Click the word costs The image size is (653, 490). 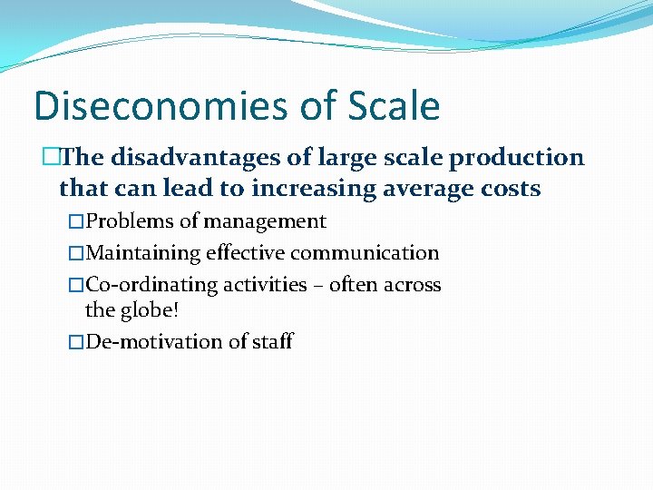point(512,189)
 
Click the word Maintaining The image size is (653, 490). point(142,253)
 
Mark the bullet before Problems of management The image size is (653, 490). point(76,222)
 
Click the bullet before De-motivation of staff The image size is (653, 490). point(76,343)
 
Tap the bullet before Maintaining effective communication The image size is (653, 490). point(76,254)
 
